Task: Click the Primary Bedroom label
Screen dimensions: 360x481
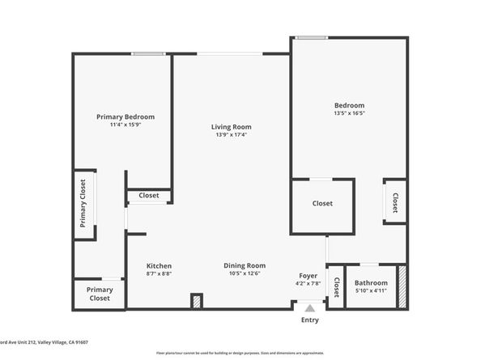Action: pos(126,116)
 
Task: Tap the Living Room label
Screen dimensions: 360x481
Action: pos(232,127)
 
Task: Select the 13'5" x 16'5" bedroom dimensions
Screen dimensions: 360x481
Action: pos(350,114)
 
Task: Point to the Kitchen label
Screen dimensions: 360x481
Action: pos(159,266)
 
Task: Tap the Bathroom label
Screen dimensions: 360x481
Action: pos(371,282)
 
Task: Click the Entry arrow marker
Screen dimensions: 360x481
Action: pos(310,307)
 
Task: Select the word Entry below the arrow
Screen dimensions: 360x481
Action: pos(310,320)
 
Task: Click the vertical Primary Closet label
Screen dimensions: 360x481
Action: pos(83,204)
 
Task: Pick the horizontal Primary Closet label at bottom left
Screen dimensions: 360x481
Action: pos(100,294)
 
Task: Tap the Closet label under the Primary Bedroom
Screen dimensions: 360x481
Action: pos(149,196)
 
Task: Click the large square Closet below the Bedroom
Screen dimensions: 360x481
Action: pos(322,204)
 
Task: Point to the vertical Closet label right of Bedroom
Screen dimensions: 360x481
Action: pos(395,201)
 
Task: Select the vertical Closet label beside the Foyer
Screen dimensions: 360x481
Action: pos(334,287)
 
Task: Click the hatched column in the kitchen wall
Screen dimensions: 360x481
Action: pos(196,301)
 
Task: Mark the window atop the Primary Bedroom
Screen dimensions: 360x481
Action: pos(148,54)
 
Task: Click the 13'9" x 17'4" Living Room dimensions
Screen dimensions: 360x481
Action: pos(232,135)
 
